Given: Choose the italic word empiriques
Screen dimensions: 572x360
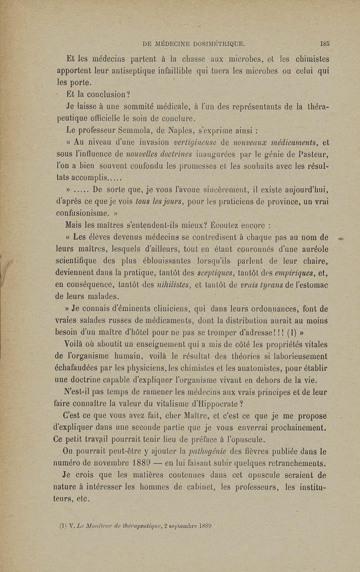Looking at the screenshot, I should point(291,272).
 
